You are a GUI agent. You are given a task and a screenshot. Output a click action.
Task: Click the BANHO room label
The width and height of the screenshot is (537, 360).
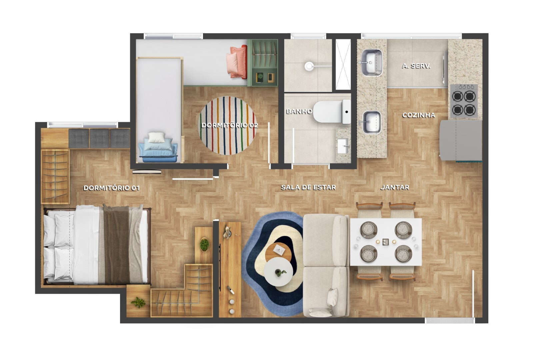tap(299, 111)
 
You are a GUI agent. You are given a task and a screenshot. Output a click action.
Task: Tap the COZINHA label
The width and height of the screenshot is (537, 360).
tap(419, 115)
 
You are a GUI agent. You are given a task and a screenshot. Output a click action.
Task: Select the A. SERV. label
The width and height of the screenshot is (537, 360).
tap(416, 66)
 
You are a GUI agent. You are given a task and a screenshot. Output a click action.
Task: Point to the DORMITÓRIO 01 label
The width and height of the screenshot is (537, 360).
tap(111, 188)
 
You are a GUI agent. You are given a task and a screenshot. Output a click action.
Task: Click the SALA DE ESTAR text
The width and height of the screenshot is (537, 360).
tap(308, 187)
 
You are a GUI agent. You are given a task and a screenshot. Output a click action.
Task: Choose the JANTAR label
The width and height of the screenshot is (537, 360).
tap(395, 187)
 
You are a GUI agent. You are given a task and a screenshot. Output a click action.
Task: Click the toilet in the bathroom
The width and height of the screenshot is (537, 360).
tap(332, 112)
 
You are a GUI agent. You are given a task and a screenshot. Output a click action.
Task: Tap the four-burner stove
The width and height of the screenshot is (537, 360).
tap(464, 101)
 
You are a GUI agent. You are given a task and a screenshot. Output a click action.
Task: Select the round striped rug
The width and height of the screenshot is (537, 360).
tap(228, 126)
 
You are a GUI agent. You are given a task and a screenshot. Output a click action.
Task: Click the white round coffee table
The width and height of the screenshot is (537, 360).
tap(278, 272)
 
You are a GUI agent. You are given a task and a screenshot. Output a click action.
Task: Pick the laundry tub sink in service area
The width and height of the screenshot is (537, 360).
tap(372, 63)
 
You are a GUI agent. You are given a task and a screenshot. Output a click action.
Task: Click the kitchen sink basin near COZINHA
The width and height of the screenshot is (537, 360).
tap(372, 122)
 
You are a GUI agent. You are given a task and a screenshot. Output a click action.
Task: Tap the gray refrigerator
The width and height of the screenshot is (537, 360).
tap(461, 140)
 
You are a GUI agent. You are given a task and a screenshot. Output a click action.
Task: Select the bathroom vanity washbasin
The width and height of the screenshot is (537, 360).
tap(343, 145)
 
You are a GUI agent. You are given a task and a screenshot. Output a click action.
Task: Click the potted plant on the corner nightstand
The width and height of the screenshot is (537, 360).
tap(138, 302)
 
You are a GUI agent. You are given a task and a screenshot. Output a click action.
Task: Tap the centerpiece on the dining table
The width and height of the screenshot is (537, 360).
tap(385, 242)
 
